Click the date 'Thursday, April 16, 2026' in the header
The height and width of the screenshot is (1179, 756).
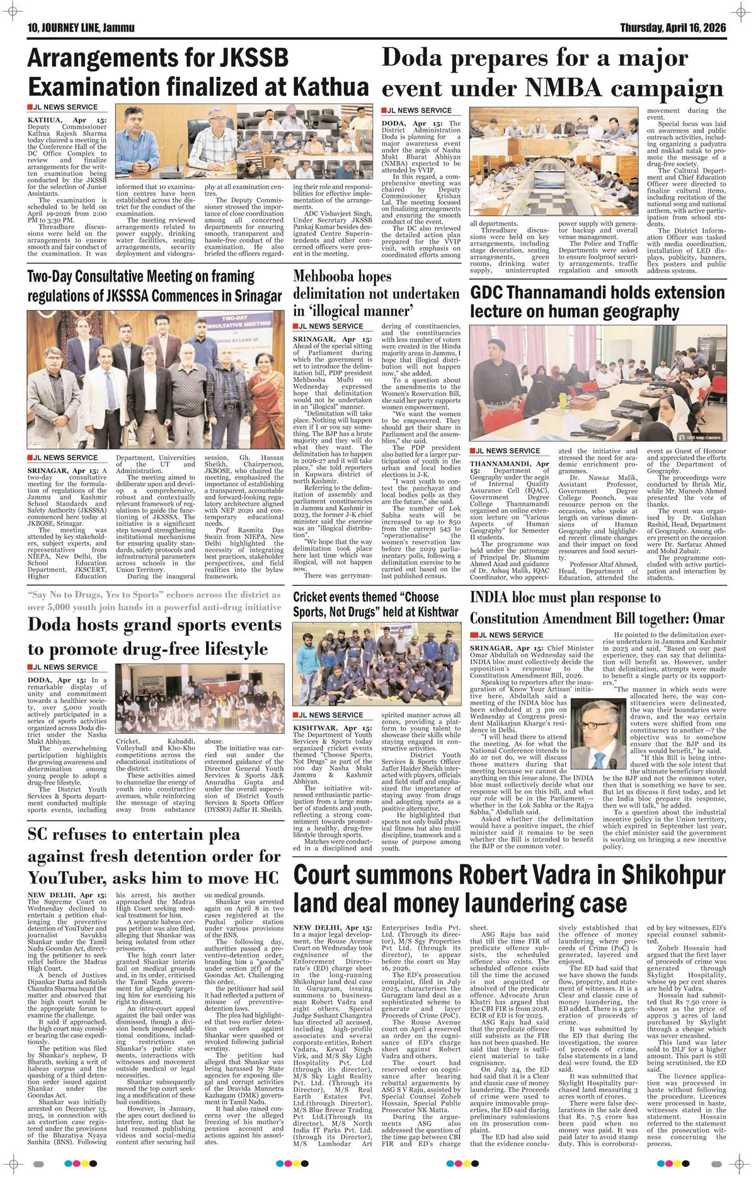pyautogui.click(x=673, y=28)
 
